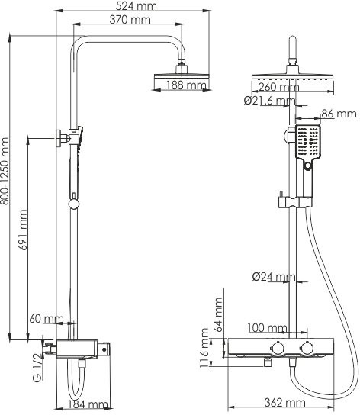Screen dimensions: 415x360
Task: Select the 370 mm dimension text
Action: (129, 20)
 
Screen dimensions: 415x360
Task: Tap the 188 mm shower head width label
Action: (186, 86)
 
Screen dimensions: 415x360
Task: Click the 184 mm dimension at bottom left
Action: (88, 404)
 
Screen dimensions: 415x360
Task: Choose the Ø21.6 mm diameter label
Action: (270, 101)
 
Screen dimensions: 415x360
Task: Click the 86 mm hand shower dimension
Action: (339, 114)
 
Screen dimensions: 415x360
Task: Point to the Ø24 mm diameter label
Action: (273, 276)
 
